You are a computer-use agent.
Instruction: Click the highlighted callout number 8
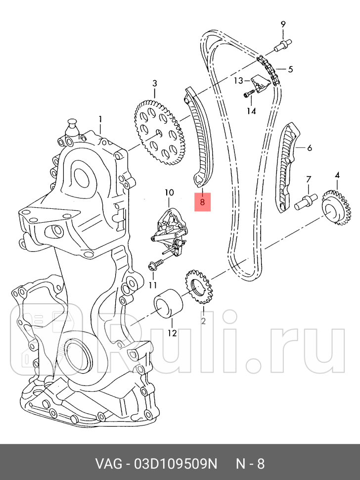202,202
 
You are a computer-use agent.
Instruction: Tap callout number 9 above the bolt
283,24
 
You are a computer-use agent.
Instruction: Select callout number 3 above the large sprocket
154,83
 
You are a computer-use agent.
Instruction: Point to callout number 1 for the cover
100,119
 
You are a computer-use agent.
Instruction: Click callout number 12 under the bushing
172,333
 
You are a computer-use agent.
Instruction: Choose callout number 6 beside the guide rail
309,147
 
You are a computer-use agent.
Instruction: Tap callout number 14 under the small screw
252,111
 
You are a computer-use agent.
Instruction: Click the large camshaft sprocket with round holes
160,132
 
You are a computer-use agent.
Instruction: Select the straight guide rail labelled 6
287,168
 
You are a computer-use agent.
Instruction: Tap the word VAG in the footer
107,464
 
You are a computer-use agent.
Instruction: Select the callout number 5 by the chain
290,69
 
